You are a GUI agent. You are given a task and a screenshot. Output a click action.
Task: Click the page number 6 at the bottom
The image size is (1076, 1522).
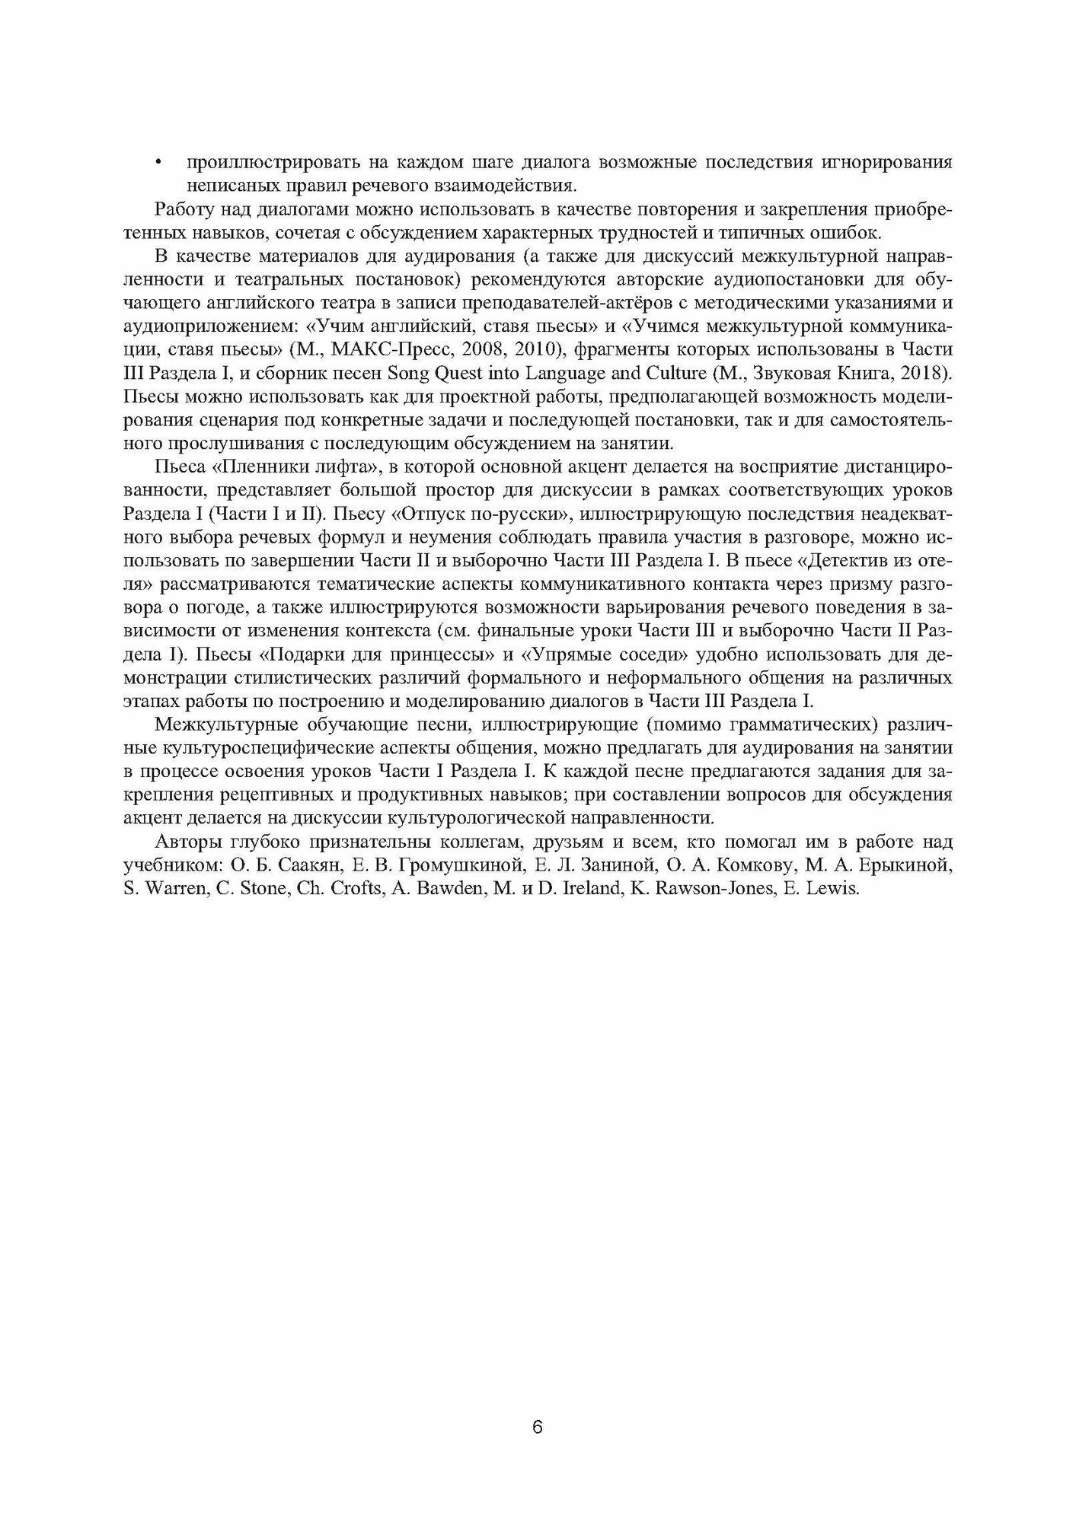coord(537,1406)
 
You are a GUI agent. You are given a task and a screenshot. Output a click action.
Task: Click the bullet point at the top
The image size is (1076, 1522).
coord(158,162)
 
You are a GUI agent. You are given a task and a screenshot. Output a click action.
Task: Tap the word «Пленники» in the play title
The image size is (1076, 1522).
coord(260,466)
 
